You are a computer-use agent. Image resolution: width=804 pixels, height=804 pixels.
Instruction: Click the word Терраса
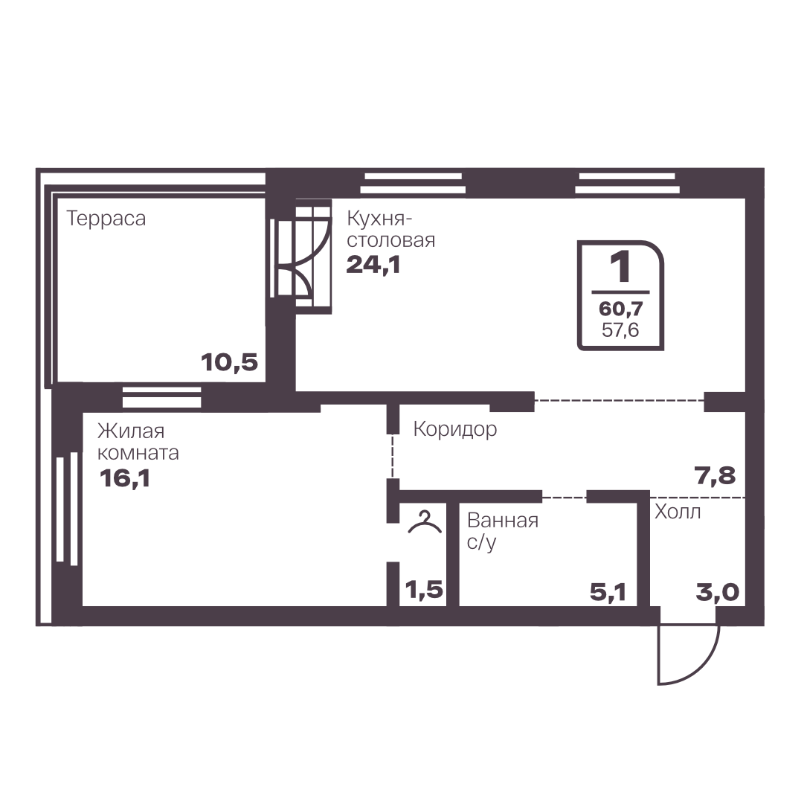[x=106, y=219]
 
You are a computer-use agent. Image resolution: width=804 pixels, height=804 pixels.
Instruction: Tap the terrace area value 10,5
[x=229, y=362]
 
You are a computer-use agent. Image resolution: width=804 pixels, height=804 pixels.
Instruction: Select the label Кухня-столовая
[x=390, y=229]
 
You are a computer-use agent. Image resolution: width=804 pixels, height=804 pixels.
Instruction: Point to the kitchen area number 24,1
[x=373, y=265]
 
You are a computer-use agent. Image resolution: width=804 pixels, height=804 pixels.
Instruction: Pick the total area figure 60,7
[x=620, y=309]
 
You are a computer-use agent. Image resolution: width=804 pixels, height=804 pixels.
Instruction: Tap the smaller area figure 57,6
[x=620, y=329]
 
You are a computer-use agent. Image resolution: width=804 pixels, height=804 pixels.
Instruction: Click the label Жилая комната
[x=138, y=442]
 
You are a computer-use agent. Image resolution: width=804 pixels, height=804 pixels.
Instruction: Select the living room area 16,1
[x=125, y=479]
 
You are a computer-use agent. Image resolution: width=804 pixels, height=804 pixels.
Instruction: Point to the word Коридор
[x=455, y=429]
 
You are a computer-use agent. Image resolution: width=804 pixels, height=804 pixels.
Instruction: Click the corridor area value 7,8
[x=715, y=476]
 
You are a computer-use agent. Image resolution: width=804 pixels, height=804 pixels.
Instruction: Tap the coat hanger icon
[x=425, y=522]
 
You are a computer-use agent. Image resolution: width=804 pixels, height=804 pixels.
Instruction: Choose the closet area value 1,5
[x=424, y=590]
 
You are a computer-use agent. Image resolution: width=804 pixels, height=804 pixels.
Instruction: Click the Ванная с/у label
[x=503, y=531]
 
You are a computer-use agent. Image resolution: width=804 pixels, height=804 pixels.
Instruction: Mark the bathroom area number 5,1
[x=608, y=592]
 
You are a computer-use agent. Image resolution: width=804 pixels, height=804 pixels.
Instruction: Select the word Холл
[x=678, y=512]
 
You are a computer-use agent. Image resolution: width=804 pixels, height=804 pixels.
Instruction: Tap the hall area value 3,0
[x=717, y=592]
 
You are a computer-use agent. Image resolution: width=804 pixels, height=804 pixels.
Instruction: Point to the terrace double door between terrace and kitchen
[x=300, y=257]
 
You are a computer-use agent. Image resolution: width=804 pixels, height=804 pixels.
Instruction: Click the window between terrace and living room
[x=161, y=397]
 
